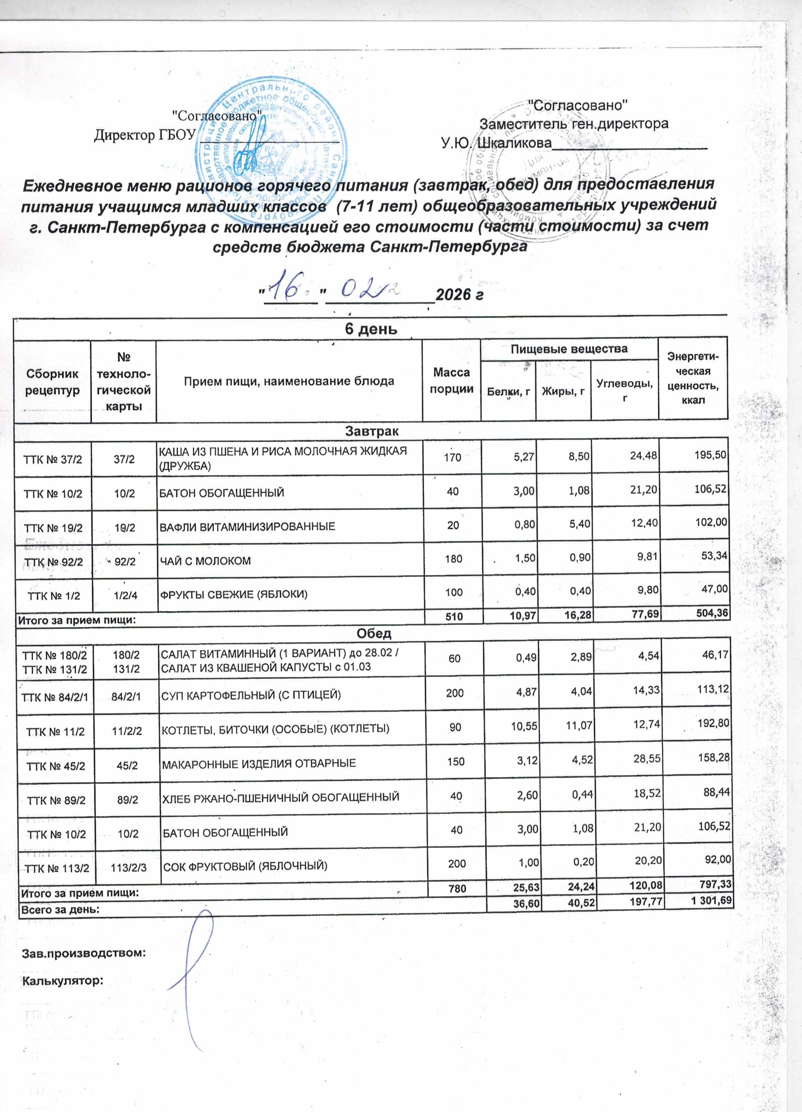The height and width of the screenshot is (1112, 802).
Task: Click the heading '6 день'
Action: (x=371, y=328)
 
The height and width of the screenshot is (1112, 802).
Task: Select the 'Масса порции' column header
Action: (x=451, y=381)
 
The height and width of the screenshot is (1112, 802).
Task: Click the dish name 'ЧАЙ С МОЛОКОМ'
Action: (x=205, y=561)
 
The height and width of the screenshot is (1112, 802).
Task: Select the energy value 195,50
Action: (x=710, y=455)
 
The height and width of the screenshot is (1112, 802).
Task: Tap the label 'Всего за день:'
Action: (x=60, y=908)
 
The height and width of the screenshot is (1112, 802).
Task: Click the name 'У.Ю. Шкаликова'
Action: (x=496, y=143)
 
